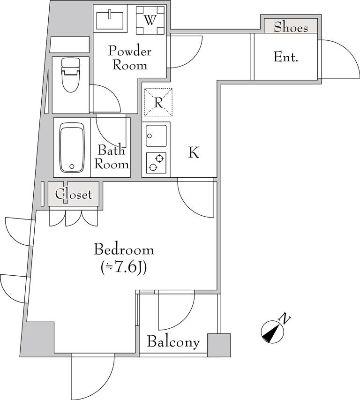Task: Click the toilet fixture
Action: [x=70, y=75]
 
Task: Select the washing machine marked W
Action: [x=150, y=20]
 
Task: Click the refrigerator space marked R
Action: [x=158, y=102]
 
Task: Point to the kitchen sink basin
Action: [x=156, y=136]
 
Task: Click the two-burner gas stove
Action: [x=156, y=163]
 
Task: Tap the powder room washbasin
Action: [x=110, y=19]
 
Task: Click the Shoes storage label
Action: [x=291, y=27]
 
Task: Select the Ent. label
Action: [x=286, y=57]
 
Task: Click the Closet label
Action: [x=74, y=195]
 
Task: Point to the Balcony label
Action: [x=173, y=342]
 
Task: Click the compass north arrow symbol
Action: [x=272, y=332]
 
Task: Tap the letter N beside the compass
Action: [x=285, y=318]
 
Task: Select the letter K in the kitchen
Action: [x=194, y=152]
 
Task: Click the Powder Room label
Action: [x=130, y=58]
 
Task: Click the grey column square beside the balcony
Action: [x=219, y=345]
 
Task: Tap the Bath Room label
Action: [x=112, y=157]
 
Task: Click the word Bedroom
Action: [x=124, y=249]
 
